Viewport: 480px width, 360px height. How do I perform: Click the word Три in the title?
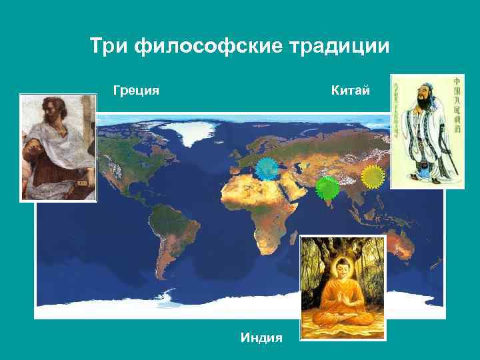(x=109, y=47)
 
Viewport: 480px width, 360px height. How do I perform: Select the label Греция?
(x=136, y=89)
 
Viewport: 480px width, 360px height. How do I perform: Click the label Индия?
(x=261, y=338)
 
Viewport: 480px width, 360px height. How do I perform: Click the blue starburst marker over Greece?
(x=268, y=171)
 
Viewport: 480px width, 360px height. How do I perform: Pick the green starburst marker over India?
(x=327, y=188)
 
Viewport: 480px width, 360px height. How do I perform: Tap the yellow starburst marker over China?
(x=373, y=177)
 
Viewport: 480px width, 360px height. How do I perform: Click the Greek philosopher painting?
(x=59, y=147)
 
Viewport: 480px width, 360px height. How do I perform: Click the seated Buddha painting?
(x=343, y=287)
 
